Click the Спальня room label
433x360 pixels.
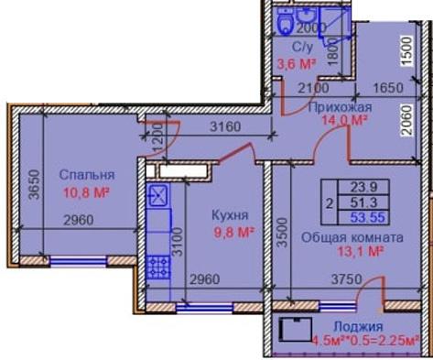(x=87, y=175)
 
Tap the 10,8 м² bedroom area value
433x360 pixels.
(x=86, y=192)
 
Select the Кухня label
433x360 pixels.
(x=231, y=215)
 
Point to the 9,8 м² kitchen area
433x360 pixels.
(x=234, y=233)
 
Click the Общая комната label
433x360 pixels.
(x=352, y=237)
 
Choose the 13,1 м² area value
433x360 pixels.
(x=361, y=251)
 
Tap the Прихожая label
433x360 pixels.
(x=340, y=107)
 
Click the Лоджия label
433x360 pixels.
(x=358, y=326)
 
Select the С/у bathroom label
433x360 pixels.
(x=303, y=48)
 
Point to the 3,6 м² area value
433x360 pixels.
(x=296, y=64)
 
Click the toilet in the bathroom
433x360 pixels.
(x=286, y=20)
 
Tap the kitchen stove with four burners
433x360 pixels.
(x=158, y=267)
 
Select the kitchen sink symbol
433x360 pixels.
(x=157, y=195)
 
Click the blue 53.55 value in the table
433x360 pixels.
(x=367, y=217)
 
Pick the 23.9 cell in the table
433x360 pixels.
(x=363, y=187)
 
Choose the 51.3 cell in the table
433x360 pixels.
(x=363, y=202)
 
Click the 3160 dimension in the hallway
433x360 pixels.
(x=225, y=126)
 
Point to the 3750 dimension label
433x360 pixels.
(x=347, y=279)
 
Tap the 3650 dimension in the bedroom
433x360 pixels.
(x=34, y=185)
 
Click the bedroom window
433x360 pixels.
(x=79, y=261)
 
